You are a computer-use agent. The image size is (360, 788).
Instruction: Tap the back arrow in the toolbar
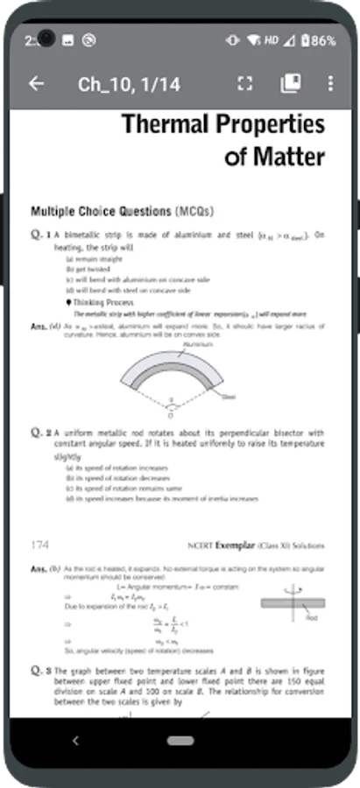click(x=36, y=84)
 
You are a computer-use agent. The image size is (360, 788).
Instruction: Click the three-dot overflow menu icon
click(x=330, y=84)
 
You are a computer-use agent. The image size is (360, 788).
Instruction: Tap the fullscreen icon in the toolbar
click(x=244, y=84)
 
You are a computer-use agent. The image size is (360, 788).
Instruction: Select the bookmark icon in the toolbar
click(x=290, y=84)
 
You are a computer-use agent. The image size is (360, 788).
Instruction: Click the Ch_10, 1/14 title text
click(x=129, y=84)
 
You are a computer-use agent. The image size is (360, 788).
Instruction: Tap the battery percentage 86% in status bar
click(x=323, y=41)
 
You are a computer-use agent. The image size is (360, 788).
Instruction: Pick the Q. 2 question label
click(x=40, y=433)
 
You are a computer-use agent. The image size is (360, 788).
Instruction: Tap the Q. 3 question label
click(x=40, y=672)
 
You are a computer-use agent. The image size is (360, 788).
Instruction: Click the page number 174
click(x=40, y=545)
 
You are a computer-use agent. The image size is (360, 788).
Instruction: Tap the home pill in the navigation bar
click(x=180, y=741)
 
